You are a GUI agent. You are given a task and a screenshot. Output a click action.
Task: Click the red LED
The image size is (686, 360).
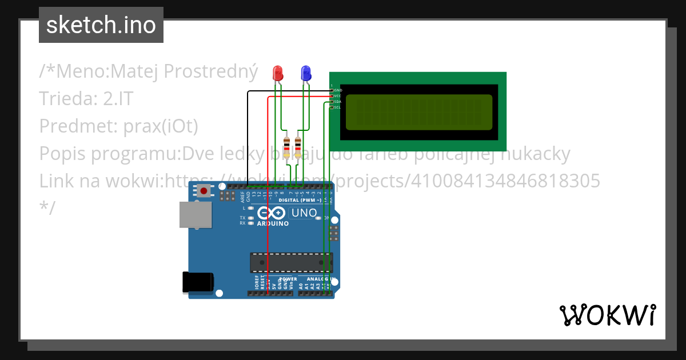(x=278, y=73)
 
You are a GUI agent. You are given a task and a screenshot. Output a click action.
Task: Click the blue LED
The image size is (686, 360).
(x=306, y=73)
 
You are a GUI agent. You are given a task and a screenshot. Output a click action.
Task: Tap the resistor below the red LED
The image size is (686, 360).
(x=286, y=147)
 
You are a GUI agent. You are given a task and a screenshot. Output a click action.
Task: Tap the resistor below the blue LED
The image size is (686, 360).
(x=298, y=147)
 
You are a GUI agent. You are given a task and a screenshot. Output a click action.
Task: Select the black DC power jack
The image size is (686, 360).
(x=198, y=283)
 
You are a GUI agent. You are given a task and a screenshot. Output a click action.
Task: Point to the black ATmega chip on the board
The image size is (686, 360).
(x=291, y=262)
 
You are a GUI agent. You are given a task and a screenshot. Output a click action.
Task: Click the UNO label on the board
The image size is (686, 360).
(x=304, y=213)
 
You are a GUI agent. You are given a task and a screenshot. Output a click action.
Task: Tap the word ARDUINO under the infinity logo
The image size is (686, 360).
(x=273, y=223)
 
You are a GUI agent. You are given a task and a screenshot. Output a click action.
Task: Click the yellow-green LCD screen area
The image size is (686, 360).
(x=418, y=112)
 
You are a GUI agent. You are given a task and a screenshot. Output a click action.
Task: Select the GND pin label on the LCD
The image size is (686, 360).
(x=338, y=90)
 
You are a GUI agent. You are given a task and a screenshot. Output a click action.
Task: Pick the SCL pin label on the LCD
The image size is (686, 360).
(x=337, y=107)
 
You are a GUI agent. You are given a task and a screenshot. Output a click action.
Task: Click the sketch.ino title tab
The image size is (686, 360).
(x=101, y=25)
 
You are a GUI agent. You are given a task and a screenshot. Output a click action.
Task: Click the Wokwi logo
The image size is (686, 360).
(x=607, y=315)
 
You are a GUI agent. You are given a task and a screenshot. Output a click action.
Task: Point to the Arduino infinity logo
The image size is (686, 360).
(x=272, y=213)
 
